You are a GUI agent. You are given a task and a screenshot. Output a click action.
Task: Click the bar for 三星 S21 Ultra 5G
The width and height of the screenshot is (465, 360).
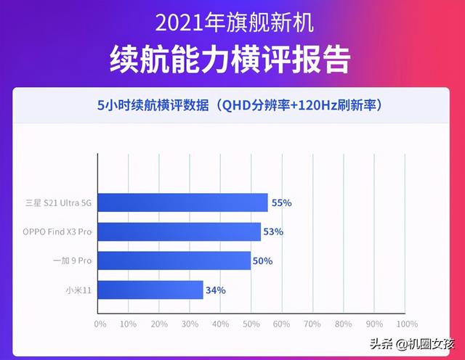pos(182,202)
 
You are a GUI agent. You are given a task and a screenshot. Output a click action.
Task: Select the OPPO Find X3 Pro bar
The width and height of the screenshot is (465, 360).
pos(179,232)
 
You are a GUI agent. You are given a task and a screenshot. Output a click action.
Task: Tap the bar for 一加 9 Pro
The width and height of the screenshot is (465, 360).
pos(174,261)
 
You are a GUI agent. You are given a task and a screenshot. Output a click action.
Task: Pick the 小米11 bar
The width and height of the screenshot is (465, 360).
pos(150,290)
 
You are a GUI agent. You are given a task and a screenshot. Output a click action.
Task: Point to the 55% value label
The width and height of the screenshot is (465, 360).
pos(282,203)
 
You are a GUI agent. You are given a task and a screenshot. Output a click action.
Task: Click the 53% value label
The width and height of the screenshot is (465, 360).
pos(273,232)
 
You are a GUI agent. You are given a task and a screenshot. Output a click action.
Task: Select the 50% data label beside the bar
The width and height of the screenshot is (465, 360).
pos(263,261)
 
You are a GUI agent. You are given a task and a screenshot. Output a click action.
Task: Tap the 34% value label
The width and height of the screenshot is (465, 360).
pos(216,290)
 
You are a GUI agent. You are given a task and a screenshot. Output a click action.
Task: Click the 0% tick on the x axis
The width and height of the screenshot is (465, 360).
pos(100,324)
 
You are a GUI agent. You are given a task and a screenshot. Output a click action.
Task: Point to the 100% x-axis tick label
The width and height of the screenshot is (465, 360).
pos(407,324)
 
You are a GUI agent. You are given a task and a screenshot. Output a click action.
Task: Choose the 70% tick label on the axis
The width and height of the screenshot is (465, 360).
pos(312,324)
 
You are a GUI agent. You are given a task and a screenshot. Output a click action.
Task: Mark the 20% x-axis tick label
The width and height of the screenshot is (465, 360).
pos(159,324)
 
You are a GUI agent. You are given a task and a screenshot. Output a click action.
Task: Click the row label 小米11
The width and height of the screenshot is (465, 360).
pos(78,290)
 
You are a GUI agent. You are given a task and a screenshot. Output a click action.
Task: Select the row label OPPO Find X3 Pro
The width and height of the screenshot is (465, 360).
pos(57,232)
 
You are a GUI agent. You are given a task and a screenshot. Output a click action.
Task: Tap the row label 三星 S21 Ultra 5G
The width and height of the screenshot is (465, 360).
pos(58,203)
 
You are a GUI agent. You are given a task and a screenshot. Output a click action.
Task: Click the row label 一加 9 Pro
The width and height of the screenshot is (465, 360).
pos(73,261)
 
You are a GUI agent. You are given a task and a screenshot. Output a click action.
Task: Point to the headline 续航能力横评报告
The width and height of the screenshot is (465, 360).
pos(230,60)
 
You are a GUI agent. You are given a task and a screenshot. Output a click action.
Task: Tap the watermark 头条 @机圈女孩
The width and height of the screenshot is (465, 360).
pos(412,344)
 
